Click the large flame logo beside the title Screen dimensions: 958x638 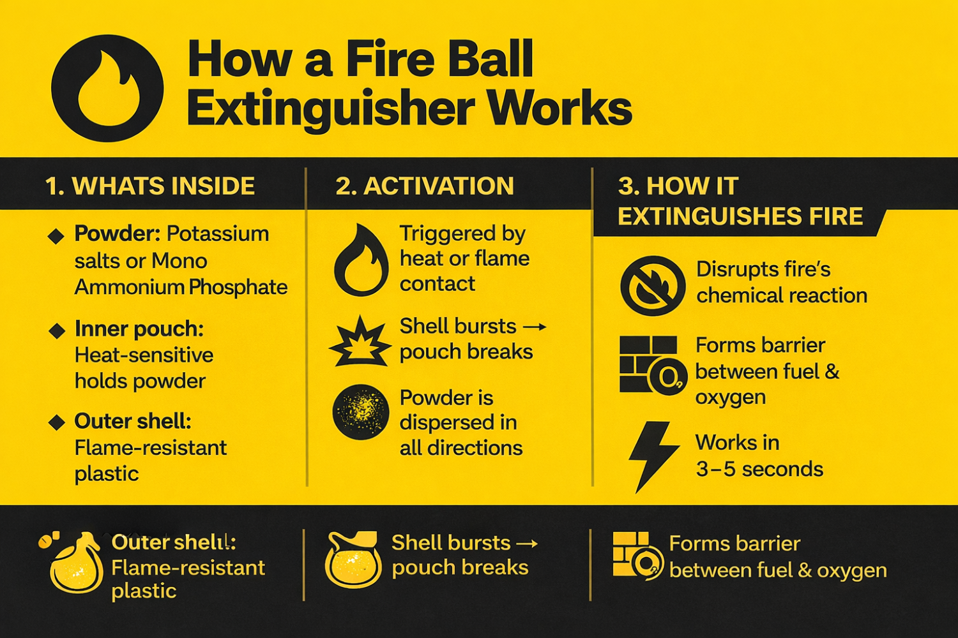click(107, 88)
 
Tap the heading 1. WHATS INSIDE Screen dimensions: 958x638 click(149, 186)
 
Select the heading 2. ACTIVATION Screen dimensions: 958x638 click(425, 186)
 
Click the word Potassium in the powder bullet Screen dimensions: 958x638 click(218, 234)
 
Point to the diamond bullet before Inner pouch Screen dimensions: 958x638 click(57, 330)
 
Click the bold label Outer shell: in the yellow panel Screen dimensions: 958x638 click(133, 422)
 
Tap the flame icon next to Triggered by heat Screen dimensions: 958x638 click(361, 260)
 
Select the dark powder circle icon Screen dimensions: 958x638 click(361, 412)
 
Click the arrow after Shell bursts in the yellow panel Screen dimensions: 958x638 click(535, 327)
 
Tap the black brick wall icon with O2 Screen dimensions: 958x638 click(653, 364)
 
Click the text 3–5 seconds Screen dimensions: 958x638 click(759, 469)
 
